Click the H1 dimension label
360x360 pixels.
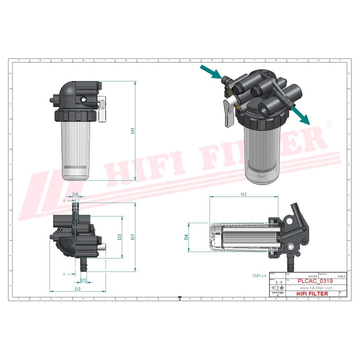coord(133,131)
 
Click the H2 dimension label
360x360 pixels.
coord(244,193)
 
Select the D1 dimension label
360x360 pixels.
coord(133,237)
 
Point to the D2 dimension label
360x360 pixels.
coord(77,288)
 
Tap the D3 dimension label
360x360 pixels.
coord(120,237)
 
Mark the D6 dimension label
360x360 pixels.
coord(76,194)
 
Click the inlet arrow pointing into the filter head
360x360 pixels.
coord(210,72)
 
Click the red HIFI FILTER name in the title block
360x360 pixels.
coord(312,294)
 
